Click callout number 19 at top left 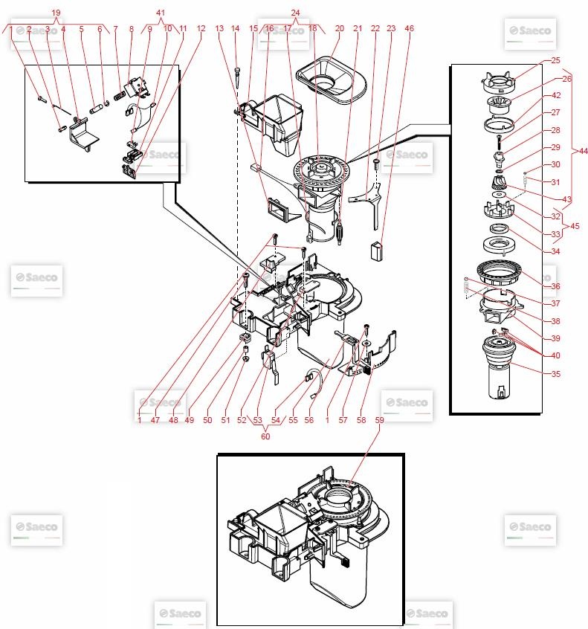[56, 13]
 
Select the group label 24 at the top [295, 13]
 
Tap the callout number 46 [409, 29]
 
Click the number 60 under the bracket [265, 436]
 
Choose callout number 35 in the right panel [556, 373]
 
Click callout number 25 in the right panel [556, 59]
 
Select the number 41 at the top [162, 13]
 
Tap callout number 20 [340, 29]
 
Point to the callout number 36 [556, 286]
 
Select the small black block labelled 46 [377, 248]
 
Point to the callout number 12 [201, 29]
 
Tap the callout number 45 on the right [575, 226]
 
